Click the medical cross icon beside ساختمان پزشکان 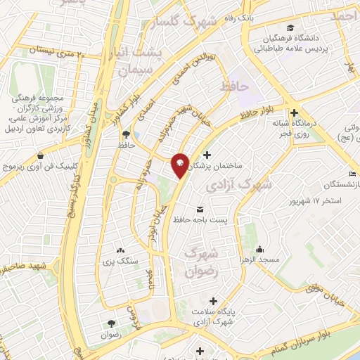[206, 155]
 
